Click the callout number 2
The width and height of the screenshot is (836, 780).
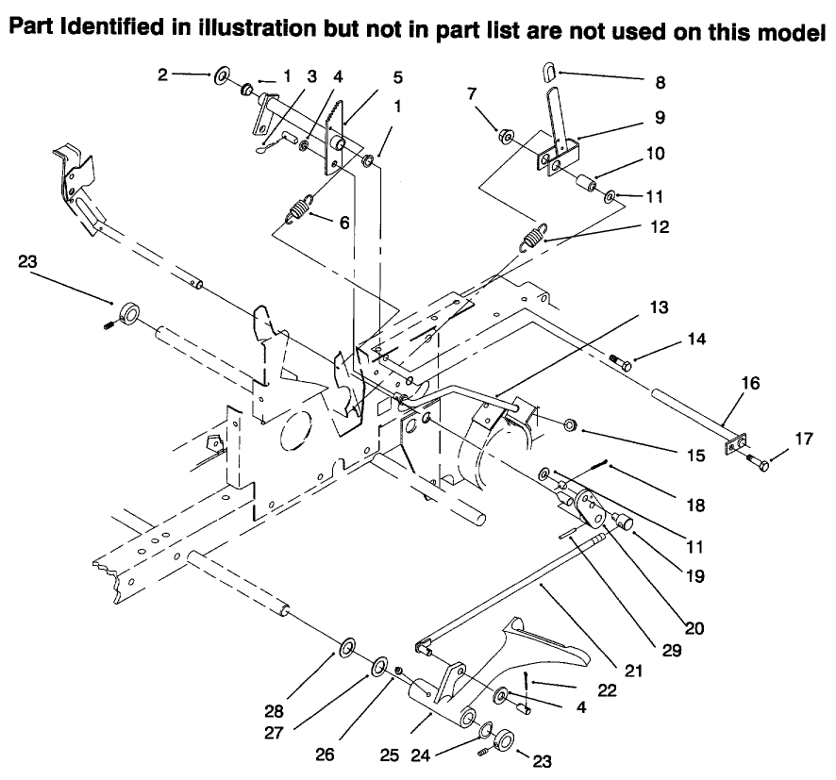coord(163,75)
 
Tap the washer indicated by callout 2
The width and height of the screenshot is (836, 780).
coord(225,76)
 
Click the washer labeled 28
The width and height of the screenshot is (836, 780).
coord(346,648)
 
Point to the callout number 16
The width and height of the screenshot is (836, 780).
coord(751,385)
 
